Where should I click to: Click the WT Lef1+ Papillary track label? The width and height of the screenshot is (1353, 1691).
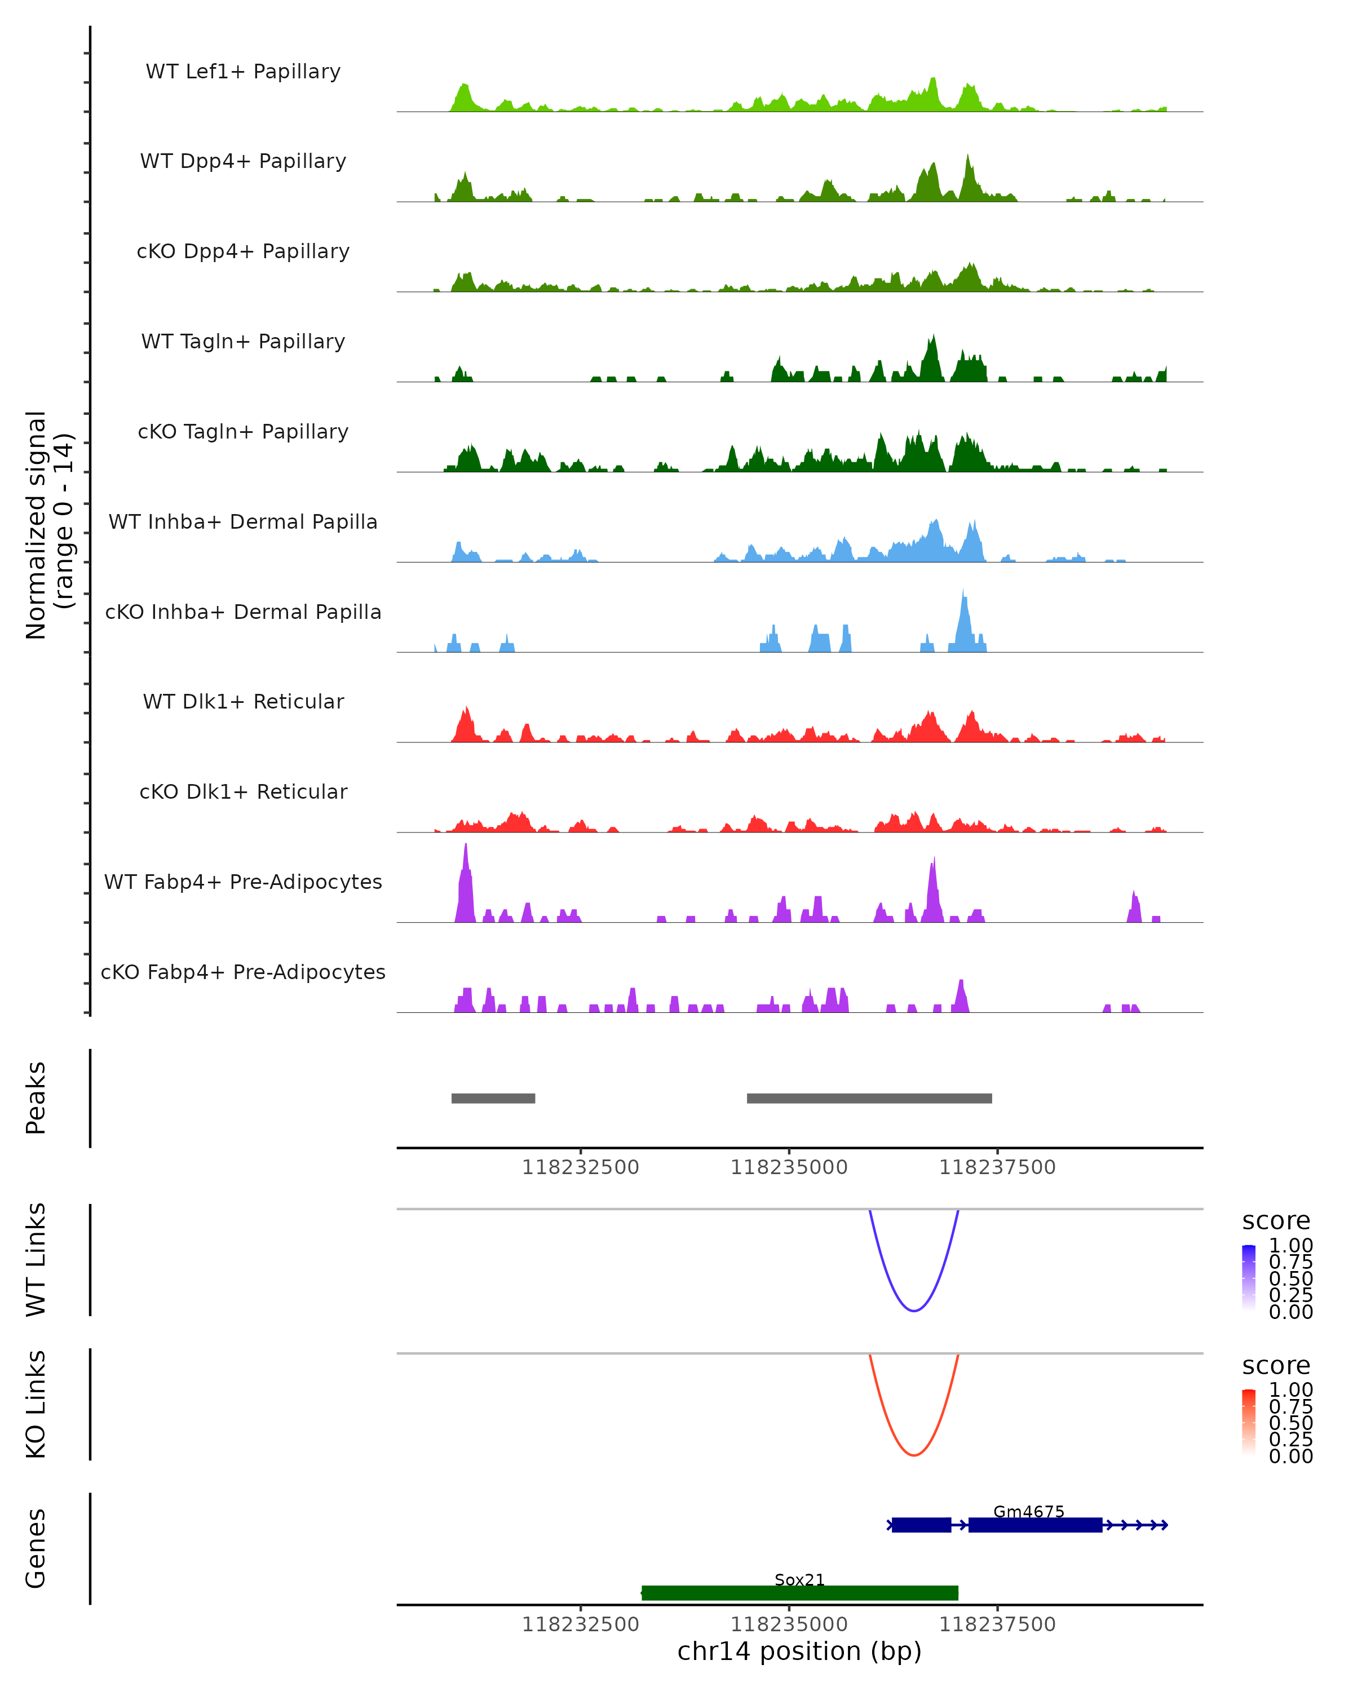(x=243, y=72)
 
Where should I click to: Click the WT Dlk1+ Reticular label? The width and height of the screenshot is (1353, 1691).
(x=243, y=701)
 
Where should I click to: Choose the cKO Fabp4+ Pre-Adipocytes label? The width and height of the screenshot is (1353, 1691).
(x=243, y=972)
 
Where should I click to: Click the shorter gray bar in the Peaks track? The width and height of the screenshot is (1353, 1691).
(x=493, y=1098)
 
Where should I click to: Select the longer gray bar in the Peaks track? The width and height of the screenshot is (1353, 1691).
(x=869, y=1098)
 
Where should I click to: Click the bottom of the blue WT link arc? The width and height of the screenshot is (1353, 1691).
(x=914, y=1311)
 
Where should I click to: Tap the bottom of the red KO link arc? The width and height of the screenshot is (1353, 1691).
(x=914, y=1455)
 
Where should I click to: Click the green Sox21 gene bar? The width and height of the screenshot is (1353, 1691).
(x=800, y=1592)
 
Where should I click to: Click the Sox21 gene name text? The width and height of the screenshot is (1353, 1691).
(x=799, y=1579)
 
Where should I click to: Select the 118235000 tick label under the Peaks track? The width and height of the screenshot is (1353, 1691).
(x=789, y=1167)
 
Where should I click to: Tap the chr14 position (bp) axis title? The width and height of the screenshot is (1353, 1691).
(x=799, y=1651)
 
